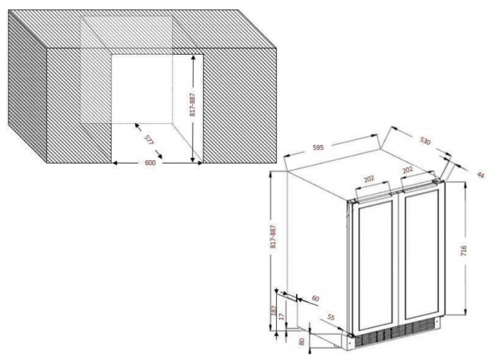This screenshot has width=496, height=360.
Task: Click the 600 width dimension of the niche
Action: (150, 163)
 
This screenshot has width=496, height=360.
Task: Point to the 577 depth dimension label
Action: (149, 140)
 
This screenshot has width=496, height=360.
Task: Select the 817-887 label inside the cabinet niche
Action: (193, 105)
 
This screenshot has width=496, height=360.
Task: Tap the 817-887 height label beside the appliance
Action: (273, 236)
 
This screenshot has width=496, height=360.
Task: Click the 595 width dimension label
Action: (318, 147)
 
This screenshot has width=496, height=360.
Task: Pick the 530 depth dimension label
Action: (425, 141)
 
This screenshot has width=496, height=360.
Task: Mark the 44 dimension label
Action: (480, 174)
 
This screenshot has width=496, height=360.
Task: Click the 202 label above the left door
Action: (369, 179)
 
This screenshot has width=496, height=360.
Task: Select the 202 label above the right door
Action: (408, 170)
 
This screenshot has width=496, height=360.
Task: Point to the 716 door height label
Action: (463, 250)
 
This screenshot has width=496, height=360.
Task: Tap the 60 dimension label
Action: (315, 298)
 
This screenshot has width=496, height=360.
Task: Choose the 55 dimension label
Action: (330, 317)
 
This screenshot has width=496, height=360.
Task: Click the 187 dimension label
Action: (274, 310)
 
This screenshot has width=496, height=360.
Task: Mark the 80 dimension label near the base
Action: (302, 342)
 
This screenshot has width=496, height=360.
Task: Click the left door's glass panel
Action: (376, 263)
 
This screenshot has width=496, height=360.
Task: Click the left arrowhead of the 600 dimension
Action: (115, 163)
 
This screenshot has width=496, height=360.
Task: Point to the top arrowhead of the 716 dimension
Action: (465, 185)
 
